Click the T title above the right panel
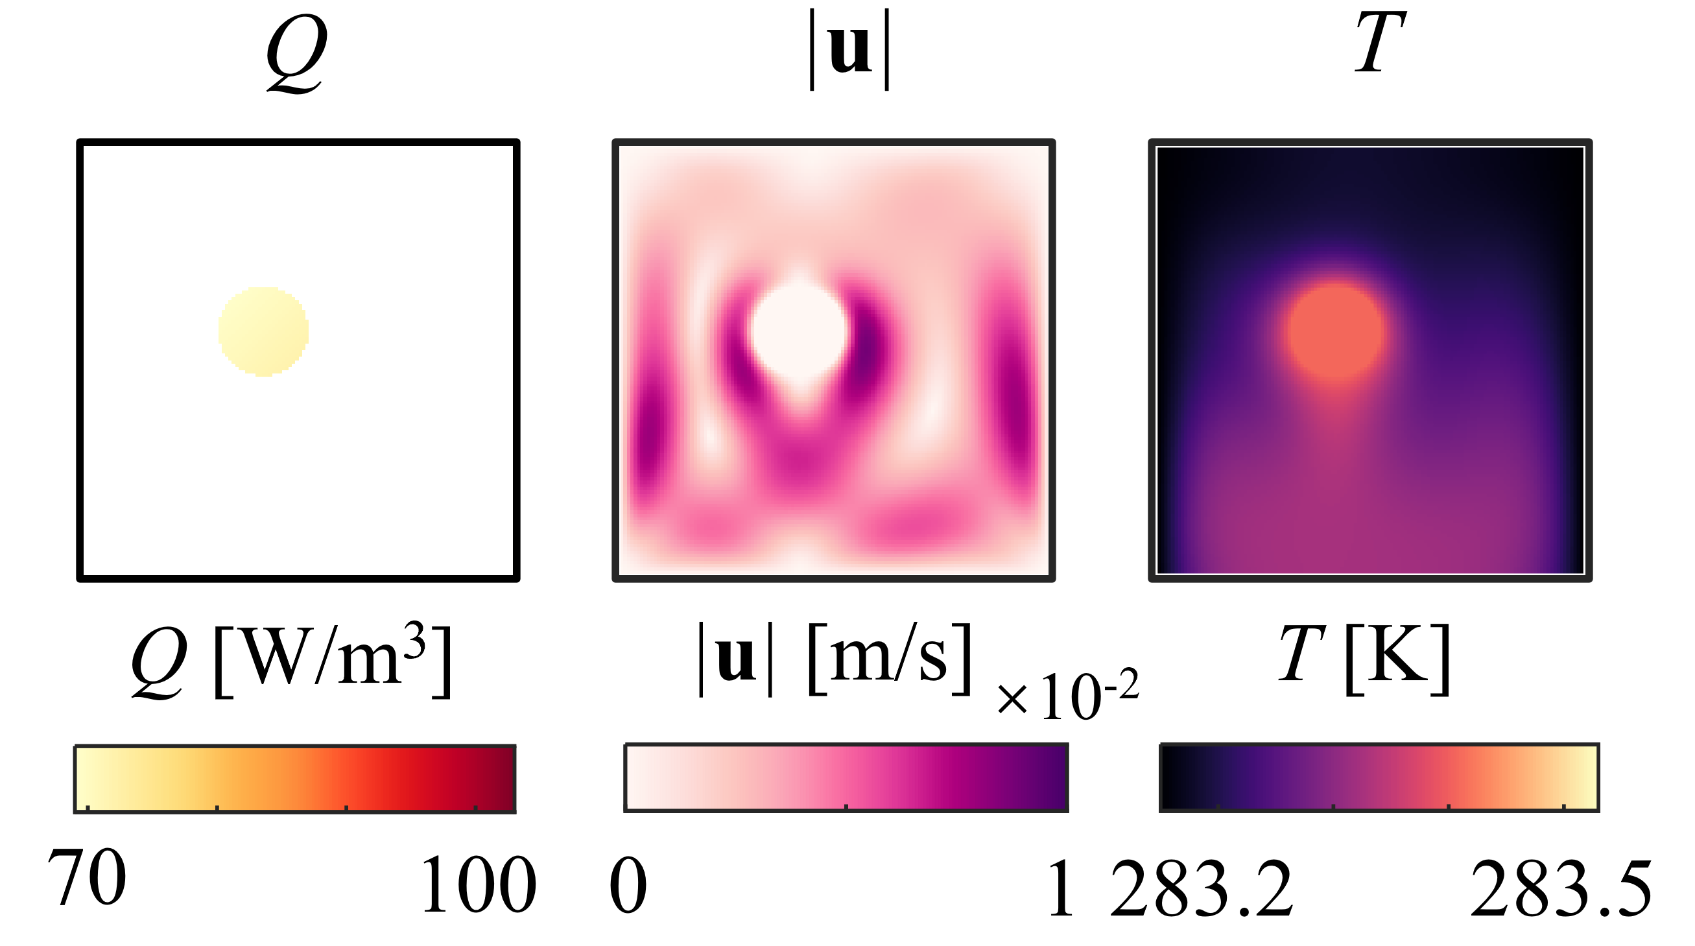(x=1379, y=43)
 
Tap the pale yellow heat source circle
(x=263, y=331)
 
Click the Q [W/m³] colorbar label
(x=292, y=660)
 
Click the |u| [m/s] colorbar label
(x=834, y=658)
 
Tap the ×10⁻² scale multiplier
(x=1068, y=696)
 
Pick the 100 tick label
(x=479, y=885)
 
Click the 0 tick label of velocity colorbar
(x=628, y=886)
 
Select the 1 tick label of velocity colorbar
(x=1061, y=888)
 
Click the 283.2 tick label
(x=1202, y=888)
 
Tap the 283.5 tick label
(x=1561, y=888)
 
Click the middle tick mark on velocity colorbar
(x=846, y=806)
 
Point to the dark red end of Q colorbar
(x=503, y=778)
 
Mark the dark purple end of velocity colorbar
(x=1056, y=777)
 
